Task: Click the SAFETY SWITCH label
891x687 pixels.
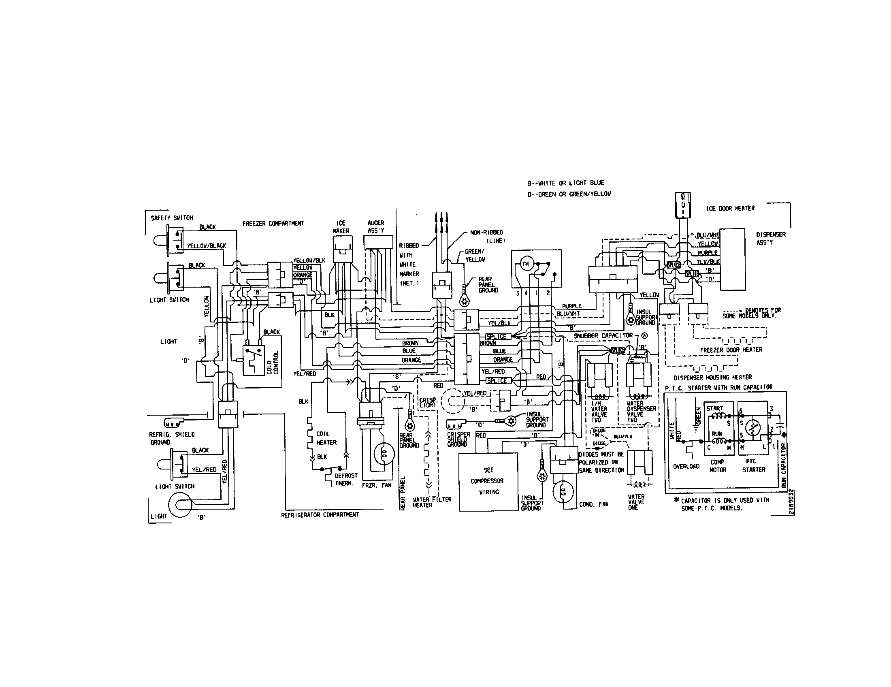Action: [172, 218]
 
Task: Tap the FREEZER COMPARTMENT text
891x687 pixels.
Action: [273, 224]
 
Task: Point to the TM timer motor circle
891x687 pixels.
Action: [525, 265]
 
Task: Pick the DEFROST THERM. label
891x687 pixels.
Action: [346, 479]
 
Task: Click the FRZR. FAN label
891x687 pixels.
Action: [376, 486]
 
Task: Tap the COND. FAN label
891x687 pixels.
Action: [594, 504]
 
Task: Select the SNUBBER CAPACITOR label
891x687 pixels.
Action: [603, 335]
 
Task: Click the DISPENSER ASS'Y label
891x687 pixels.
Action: [771, 238]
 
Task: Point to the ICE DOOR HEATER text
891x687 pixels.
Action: [730, 209]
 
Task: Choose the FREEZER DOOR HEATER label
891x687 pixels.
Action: [731, 350]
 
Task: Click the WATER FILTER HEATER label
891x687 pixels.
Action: [432, 502]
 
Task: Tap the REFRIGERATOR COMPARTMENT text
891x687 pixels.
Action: [320, 515]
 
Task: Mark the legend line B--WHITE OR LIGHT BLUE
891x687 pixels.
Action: [565, 183]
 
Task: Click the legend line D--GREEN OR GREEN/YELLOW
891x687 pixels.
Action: [569, 194]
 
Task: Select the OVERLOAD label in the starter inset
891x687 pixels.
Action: [686, 466]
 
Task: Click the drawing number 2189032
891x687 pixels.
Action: [791, 502]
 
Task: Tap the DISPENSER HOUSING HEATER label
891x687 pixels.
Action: [712, 378]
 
